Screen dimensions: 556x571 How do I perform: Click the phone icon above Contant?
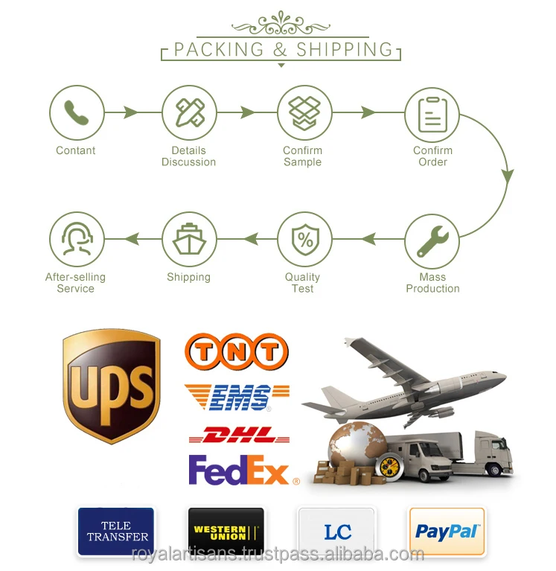[76, 113]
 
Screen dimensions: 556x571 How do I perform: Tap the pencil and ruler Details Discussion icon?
[189, 113]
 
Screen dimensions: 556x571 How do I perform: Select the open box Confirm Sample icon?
[304, 113]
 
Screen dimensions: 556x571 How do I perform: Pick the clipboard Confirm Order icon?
[432, 115]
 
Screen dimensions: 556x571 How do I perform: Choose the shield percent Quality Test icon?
[304, 240]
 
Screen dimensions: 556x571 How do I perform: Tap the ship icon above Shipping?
[189, 240]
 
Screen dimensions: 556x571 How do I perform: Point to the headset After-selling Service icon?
[76, 240]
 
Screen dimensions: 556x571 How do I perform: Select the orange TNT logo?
[236, 352]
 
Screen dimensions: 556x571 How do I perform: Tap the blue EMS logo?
[237, 398]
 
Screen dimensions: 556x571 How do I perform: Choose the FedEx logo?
[239, 470]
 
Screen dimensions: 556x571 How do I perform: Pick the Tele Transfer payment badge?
[116, 532]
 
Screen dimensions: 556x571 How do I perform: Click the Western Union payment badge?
[226, 532]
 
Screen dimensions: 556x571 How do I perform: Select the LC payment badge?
[336, 532]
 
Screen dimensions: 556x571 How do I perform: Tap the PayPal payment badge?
[447, 532]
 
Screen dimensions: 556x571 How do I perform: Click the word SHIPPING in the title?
[345, 50]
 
